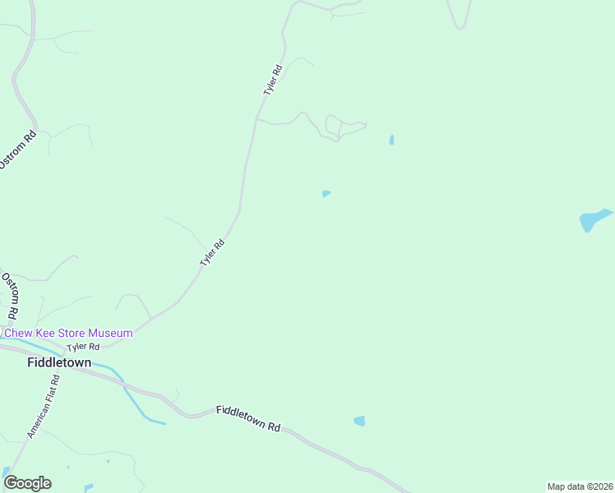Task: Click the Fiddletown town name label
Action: pos(59,362)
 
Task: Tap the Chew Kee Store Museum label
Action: pos(68,333)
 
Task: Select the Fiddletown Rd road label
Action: pos(248,418)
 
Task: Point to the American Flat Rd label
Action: pos(44,406)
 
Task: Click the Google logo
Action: pos(27,483)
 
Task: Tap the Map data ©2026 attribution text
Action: pos(580,486)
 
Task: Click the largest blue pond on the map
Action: pos(594,219)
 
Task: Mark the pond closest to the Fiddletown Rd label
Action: pos(359,422)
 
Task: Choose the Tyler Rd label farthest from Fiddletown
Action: pos(273,81)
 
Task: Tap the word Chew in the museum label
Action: pos(19,333)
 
